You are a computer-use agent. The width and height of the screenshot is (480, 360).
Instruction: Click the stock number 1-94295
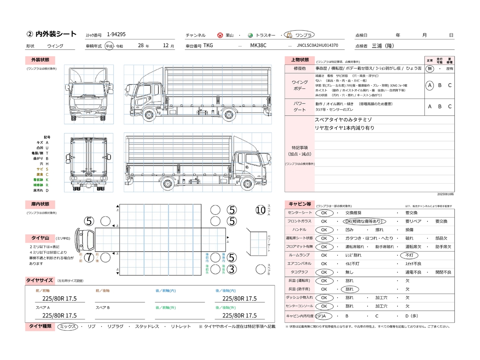116,34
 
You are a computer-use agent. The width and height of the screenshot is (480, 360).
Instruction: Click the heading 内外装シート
56,34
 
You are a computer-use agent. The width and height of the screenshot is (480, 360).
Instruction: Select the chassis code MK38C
258,45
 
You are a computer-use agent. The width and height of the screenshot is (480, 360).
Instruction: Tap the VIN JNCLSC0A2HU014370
317,45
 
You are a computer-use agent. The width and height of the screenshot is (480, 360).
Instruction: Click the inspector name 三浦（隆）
383,46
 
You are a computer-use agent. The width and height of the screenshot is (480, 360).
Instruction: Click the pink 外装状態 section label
40,60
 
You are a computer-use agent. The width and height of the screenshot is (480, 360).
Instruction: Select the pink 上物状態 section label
300,60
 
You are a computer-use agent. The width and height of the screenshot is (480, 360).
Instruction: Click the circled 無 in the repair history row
430,69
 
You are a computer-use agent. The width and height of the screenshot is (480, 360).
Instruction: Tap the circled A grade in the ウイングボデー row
430,85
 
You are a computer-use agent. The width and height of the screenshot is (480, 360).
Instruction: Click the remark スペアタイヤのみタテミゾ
343,120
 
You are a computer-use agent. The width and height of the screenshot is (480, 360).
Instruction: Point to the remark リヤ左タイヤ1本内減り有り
344,128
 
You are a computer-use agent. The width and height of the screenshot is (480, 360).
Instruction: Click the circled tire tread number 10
261,210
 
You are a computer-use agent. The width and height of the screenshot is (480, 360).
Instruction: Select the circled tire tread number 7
89,257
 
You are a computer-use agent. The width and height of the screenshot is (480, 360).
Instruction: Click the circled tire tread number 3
232,269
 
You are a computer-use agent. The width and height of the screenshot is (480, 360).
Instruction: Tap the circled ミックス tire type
68,327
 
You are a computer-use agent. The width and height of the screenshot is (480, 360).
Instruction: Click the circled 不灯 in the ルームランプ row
409,255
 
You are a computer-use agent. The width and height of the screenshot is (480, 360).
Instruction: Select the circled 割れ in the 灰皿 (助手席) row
349,289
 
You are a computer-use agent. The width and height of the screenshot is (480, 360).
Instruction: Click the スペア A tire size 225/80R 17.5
59,316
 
